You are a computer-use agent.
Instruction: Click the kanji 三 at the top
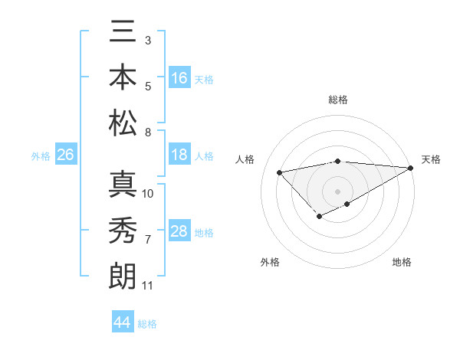pyautogui.click(x=123, y=34)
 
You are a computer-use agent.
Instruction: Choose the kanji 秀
pyautogui.click(x=123, y=231)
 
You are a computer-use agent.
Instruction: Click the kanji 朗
pyautogui.click(x=123, y=275)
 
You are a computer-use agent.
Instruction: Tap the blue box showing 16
pyautogui.click(x=179, y=78)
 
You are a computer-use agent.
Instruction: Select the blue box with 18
pyautogui.click(x=179, y=155)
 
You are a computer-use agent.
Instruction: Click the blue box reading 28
pyautogui.click(x=179, y=231)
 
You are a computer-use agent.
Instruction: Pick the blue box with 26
pyautogui.click(x=65, y=155)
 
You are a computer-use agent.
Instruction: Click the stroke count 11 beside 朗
pyautogui.click(x=147, y=286)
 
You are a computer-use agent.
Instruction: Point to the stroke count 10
pyautogui.click(x=149, y=193)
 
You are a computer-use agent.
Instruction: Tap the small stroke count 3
pyautogui.click(x=147, y=40)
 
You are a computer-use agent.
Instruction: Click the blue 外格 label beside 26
pyautogui.click(x=41, y=156)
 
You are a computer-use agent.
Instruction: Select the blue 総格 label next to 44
pyautogui.click(x=147, y=324)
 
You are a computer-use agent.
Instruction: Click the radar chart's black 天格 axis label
pyautogui.click(x=431, y=159)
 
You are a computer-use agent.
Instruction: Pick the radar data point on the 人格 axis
pyautogui.click(x=279, y=172)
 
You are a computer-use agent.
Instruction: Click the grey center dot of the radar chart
pyautogui.click(x=337, y=191)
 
